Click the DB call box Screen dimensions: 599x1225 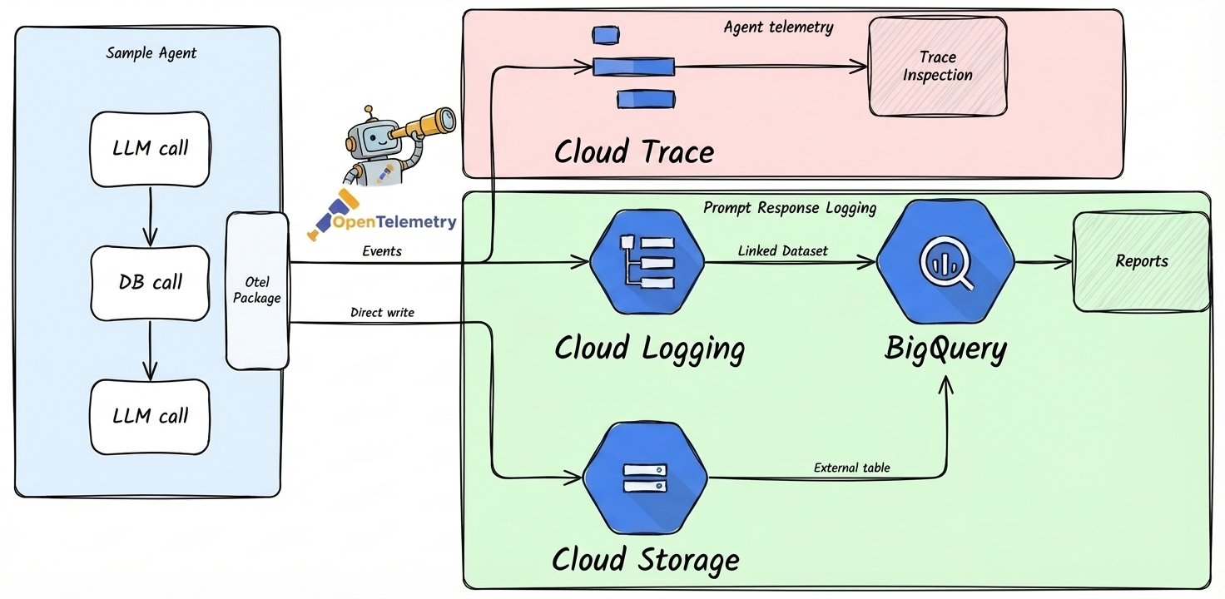pos(150,283)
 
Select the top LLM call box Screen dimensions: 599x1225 pos(150,148)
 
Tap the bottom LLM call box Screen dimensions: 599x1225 pos(150,416)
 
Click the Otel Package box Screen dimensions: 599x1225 pos(257,290)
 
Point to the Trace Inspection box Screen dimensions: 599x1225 pos(938,67)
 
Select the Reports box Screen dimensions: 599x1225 pos(1141,261)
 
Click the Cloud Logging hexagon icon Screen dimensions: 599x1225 pos(647,261)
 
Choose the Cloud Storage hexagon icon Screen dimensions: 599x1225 pos(645,477)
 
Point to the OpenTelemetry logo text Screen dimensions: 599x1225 pos(394,222)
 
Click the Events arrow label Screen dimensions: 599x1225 pos(382,250)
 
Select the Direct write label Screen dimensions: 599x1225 pos(382,313)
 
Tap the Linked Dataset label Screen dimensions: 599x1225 pos(782,250)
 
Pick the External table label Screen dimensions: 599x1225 pos(851,468)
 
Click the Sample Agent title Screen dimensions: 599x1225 pos(151,53)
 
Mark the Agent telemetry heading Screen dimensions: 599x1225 pos(778,27)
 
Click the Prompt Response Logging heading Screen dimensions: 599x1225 pos(789,208)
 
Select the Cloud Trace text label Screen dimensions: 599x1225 pos(634,152)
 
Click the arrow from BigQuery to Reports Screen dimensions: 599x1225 pos(1043,262)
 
